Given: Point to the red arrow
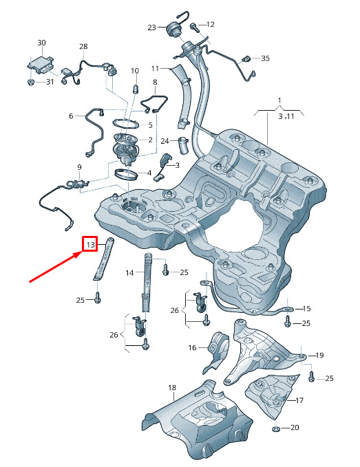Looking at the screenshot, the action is pyautogui.click(x=56, y=266).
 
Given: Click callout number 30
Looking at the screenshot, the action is pyautogui.click(x=41, y=43).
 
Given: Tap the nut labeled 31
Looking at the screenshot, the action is pyautogui.click(x=30, y=82).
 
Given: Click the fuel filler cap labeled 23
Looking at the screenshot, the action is pyautogui.click(x=173, y=30).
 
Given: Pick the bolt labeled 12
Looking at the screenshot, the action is pyautogui.click(x=194, y=28).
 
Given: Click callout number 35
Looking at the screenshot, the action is pyautogui.click(x=265, y=58).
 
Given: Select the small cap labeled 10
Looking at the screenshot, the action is pyautogui.click(x=136, y=89).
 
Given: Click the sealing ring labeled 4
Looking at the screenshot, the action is pyautogui.click(x=127, y=173).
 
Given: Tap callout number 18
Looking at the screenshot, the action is pyautogui.click(x=172, y=387).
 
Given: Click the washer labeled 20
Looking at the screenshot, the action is pyautogui.click(x=276, y=428).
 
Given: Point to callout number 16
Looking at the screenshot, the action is pyautogui.click(x=192, y=347).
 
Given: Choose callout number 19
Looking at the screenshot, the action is pyautogui.click(x=319, y=355).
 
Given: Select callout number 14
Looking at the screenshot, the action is pyautogui.click(x=129, y=273).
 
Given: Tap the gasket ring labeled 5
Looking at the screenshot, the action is pyautogui.click(x=125, y=122).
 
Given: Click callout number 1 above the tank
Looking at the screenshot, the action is pyautogui.click(x=279, y=100).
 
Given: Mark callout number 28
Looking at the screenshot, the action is pyautogui.click(x=83, y=46).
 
